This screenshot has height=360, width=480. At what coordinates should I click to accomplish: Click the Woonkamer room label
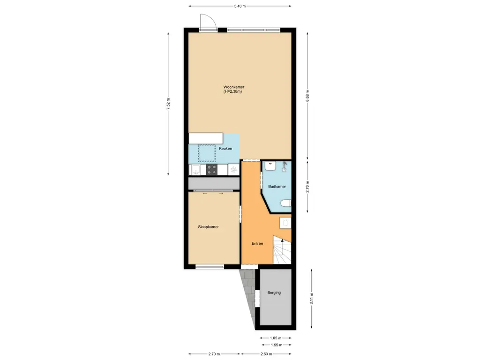pos(233,87)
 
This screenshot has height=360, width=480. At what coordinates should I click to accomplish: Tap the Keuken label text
pos(225,149)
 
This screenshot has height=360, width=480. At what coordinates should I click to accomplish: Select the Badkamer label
pos(277,187)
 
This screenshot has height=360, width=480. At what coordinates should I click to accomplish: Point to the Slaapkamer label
pos(208,227)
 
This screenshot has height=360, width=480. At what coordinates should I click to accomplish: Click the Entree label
pos(257,243)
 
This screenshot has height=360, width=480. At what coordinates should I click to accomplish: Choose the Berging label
pos(274,293)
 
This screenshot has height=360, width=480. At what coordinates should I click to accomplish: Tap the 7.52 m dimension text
pos(168,104)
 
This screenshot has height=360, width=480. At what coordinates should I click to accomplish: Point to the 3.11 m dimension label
pos(312,298)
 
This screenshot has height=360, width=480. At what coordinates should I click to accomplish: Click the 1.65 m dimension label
pos(276,337)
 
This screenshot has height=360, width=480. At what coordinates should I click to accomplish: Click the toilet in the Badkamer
pos(285,203)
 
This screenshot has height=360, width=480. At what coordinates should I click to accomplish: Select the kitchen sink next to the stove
pos(196,169)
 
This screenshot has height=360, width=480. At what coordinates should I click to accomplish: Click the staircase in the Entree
pos(282,253)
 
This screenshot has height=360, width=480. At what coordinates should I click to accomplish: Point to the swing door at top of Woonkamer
pos(207,22)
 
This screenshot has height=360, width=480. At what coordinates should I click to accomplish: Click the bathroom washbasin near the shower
pos(270,165)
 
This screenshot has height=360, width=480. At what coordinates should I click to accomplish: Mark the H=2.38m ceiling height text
pos(233,92)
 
